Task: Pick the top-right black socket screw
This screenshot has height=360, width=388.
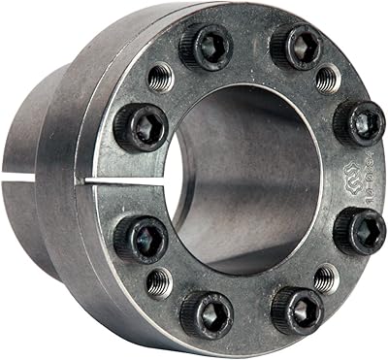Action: tap(297, 45)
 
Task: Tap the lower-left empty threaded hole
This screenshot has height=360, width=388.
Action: tap(158, 282)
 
